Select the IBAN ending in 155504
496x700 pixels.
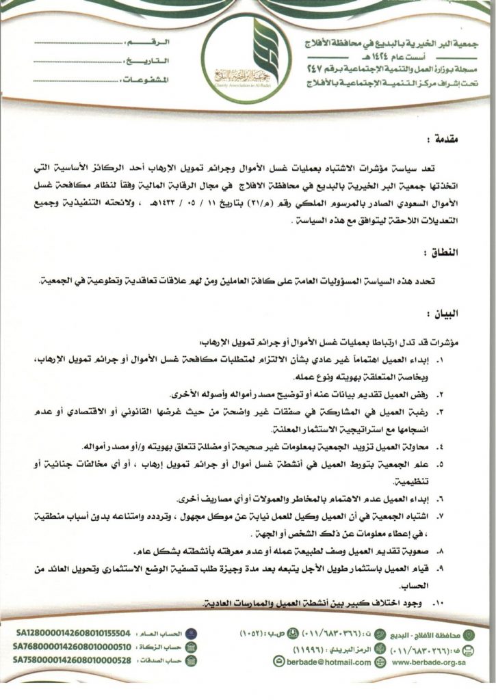pyautogui.click(x=72, y=634)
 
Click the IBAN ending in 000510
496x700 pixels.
pyautogui.click(x=72, y=647)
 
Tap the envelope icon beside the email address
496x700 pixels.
pyautogui.click(x=278, y=662)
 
